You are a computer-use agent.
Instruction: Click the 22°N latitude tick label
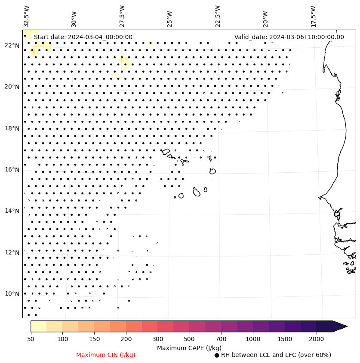(x=12, y=46)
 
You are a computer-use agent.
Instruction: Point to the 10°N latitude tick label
(x=12, y=294)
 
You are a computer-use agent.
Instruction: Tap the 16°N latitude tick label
(x=12, y=170)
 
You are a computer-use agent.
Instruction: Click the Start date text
(x=83, y=37)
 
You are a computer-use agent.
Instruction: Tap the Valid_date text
(x=289, y=37)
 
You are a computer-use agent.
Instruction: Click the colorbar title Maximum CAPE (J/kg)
(x=189, y=348)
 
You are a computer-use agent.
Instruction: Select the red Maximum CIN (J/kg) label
(x=106, y=355)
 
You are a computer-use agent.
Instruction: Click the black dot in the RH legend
(x=217, y=355)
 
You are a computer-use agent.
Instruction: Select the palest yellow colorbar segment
(x=38, y=326)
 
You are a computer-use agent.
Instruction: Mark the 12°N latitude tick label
(x=12, y=253)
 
